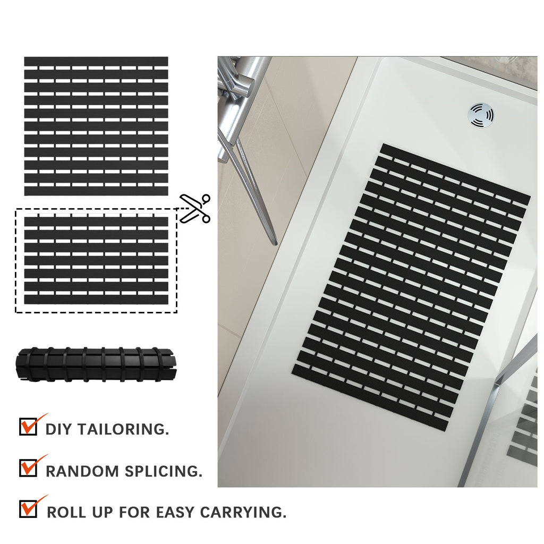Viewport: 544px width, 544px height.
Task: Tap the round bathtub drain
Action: [x=481, y=115]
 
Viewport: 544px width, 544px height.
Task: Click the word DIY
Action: [x=58, y=429]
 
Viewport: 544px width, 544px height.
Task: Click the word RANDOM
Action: [x=82, y=471]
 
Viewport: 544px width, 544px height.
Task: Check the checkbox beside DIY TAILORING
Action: [x=28, y=427]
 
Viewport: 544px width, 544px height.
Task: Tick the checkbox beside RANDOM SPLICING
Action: [x=28, y=467]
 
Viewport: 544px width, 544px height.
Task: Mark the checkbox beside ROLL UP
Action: [x=28, y=508]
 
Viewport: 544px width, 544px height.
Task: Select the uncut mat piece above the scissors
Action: [x=96, y=126]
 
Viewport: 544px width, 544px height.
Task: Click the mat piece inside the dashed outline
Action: [x=96, y=260]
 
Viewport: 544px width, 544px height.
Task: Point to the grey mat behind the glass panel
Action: [x=526, y=425]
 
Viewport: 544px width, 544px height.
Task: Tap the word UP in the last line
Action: [x=103, y=513]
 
